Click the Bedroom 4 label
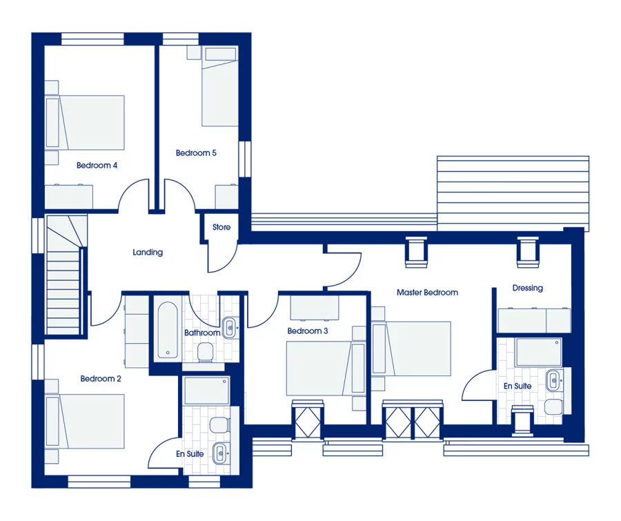pyautogui.click(x=97, y=166)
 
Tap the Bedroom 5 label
pyautogui.click(x=196, y=153)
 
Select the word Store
pyautogui.click(x=221, y=227)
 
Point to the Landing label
pyautogui.click(x=148, y=253)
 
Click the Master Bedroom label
pyautogui.click(x=427, y=293)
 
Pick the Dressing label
pyautogui.click(x=527, y=288)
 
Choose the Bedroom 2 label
pyautogui.click(x=101, y=379)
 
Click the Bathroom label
pyautogui.click(x=202, y=333)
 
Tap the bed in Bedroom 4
pyautogui.click(x=86, y=123)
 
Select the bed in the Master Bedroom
pyautogui.click(x=412, y=348)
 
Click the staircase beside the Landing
pyautogui.click(x=64, y=276)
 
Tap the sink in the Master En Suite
pyautogui.click(x=553, y=379)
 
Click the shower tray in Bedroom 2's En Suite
pyautogui.click(x=206, y=391)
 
